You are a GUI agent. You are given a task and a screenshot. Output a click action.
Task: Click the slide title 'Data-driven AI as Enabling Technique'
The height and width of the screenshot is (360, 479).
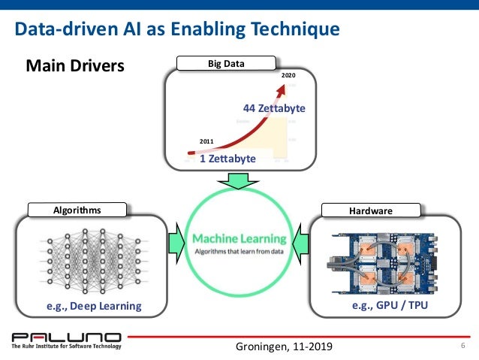178,30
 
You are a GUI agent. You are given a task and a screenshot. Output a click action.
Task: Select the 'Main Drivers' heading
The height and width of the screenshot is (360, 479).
75,66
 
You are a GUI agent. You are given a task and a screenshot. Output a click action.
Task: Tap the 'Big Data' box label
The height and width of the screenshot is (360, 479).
226,64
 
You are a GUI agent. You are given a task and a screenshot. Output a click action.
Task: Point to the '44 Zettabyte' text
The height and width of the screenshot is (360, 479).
274,108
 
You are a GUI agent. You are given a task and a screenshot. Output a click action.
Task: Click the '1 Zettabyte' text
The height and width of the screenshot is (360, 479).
227,159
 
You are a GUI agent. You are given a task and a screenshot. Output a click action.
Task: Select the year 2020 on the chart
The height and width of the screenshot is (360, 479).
288,77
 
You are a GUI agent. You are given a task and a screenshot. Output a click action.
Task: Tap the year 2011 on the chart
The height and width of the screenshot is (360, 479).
206,141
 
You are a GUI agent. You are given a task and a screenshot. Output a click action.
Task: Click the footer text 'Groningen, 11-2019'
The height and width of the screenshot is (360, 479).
282,346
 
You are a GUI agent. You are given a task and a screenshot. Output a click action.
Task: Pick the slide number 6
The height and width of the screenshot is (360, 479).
462,345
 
